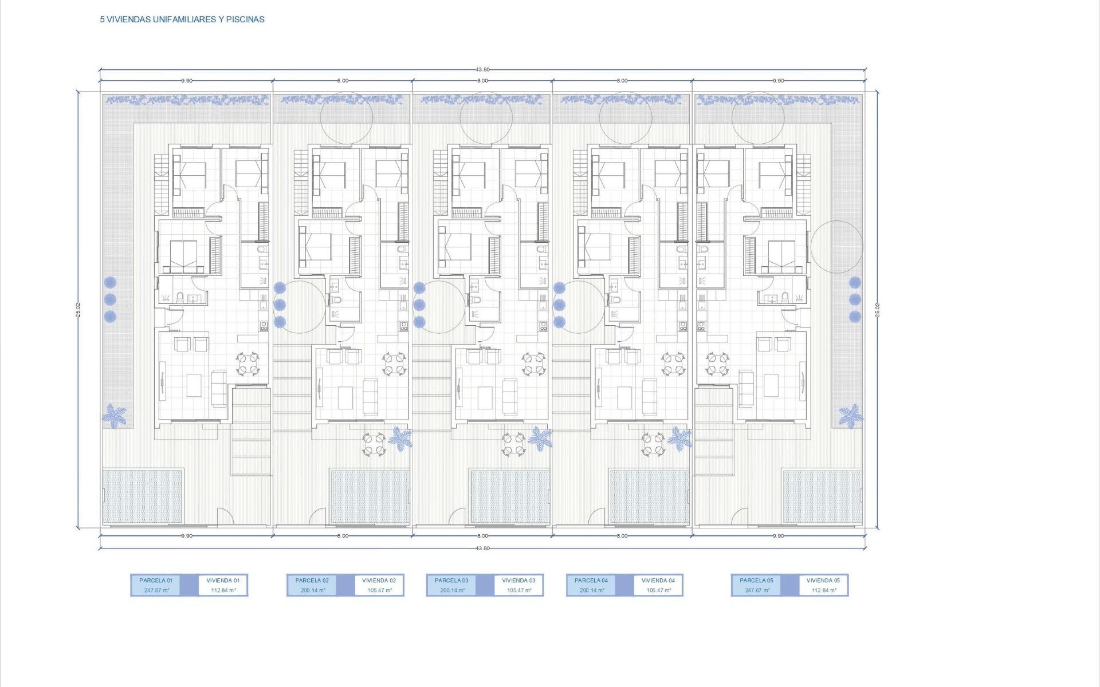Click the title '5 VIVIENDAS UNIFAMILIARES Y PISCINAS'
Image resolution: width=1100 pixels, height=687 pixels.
(182, 19)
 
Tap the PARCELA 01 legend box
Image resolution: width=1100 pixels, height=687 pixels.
(155, 585)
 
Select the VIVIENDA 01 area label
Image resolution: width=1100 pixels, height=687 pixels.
(223, 585)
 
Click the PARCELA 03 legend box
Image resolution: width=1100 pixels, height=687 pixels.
(451, 585)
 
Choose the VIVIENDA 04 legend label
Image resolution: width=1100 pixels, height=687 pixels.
(658, 585)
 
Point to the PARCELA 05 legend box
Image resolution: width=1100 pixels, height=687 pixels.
(756, 585)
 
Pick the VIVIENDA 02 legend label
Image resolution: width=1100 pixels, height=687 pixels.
(379, 585)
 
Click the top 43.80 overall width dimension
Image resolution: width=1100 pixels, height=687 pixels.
(482, 70)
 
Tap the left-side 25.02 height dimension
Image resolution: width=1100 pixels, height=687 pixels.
(78, 310)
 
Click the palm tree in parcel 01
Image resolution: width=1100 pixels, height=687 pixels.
(115, 414)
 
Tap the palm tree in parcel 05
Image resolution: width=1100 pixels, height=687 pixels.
(850, 415)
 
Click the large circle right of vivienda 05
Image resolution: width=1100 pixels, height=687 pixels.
(836, 247)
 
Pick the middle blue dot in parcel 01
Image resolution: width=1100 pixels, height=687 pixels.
(110, 299)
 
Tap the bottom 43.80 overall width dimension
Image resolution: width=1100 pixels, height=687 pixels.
(482, 548)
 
